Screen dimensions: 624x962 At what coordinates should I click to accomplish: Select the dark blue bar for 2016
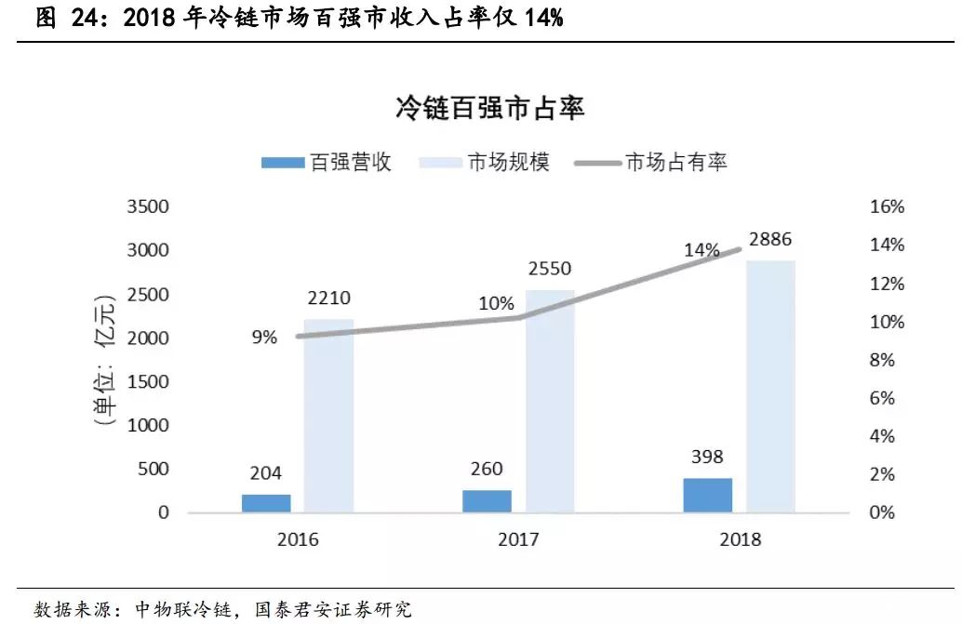tap(266, 503)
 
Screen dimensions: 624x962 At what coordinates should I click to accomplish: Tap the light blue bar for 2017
tap(550, 401)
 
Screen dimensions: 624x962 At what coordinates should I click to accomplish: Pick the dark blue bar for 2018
tap(707, 495)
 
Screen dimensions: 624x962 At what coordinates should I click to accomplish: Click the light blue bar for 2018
tap(770, 386)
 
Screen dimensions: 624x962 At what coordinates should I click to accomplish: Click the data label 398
tap(707, 457)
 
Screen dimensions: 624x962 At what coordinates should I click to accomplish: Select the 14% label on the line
tap(701, 249)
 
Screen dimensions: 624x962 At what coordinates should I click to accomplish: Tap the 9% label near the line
tap(263, 337)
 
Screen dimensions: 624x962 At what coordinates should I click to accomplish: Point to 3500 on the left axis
tap(148, 206)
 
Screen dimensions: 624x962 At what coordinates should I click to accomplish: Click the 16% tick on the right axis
tap(886, 206)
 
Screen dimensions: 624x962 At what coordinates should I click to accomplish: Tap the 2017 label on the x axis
tap(517, 540)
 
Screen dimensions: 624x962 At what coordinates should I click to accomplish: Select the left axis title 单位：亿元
tap(104, 359)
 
